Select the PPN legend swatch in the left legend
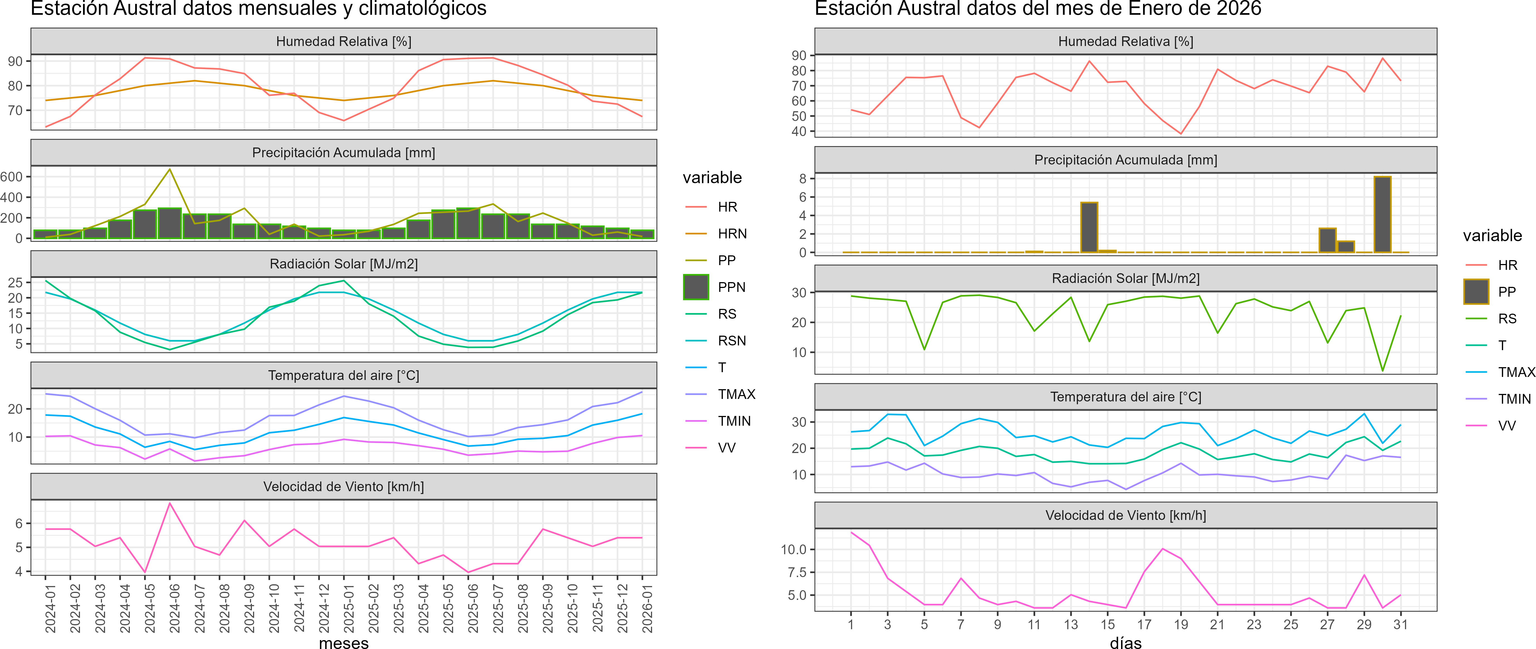point(696,287)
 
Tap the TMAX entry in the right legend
point(1516,372)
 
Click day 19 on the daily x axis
point(1181,624)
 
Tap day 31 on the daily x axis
point(1401,624)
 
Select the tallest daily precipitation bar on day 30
point(1382,215)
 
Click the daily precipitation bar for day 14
point(1089,227)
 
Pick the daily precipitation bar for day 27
point(1327,240)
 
